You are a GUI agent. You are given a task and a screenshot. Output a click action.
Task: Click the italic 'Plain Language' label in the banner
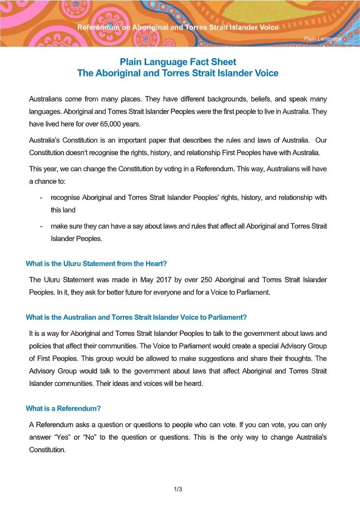coord(323,38)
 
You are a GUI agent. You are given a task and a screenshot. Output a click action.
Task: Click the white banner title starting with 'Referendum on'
coord(178,28)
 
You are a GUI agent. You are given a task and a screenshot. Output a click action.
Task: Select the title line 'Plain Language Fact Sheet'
coord(178,62)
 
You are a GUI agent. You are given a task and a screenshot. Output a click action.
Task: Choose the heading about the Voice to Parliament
coord(136,317)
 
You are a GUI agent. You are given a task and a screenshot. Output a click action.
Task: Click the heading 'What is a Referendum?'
coord(63,408)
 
